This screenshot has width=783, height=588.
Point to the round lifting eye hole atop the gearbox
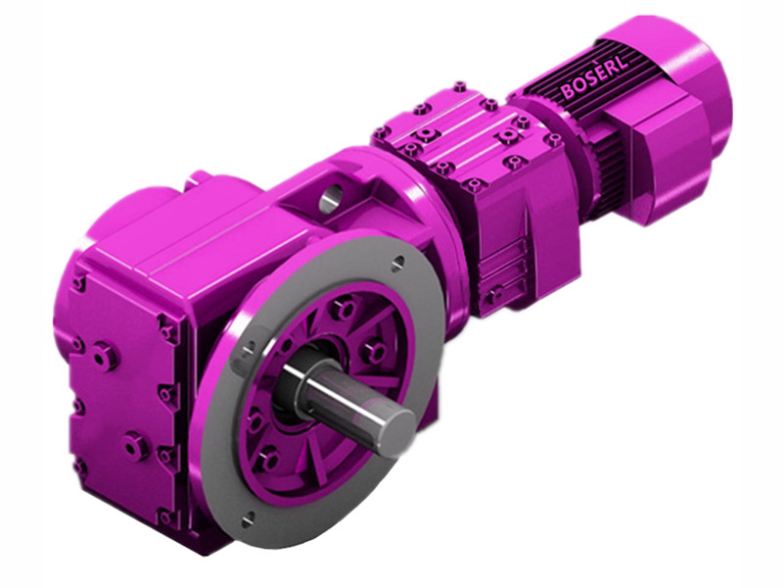point(327,195)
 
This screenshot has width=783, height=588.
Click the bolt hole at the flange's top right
point(398,262)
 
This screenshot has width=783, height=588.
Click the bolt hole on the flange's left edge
point(248,347)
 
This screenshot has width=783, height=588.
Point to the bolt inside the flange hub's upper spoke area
point(344,310)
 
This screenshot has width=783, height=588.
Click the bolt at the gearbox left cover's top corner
point(78,284)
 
